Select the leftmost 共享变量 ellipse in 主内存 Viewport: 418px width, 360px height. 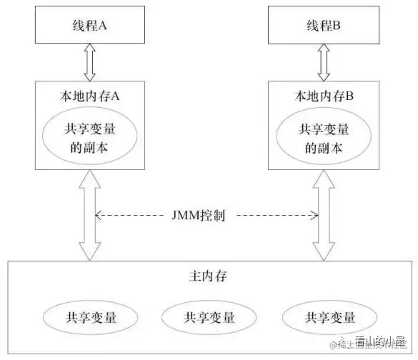click(x=88, y=316)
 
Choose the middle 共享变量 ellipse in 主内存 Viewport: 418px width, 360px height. click(x=209, y=316)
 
